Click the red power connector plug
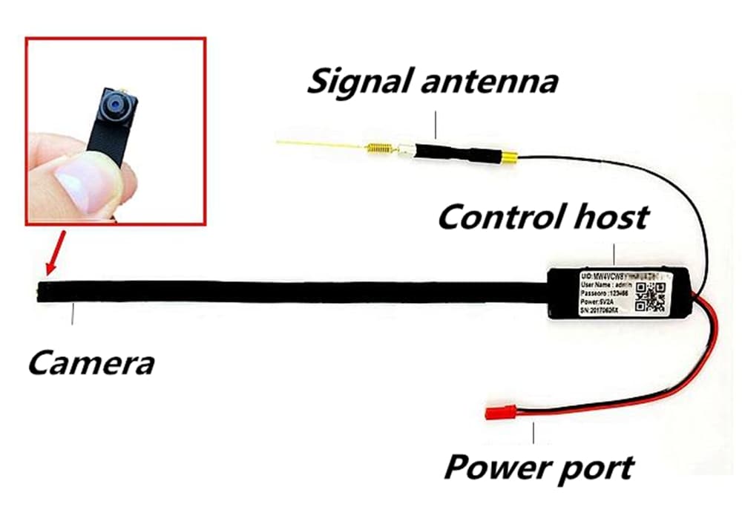(497, 411)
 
